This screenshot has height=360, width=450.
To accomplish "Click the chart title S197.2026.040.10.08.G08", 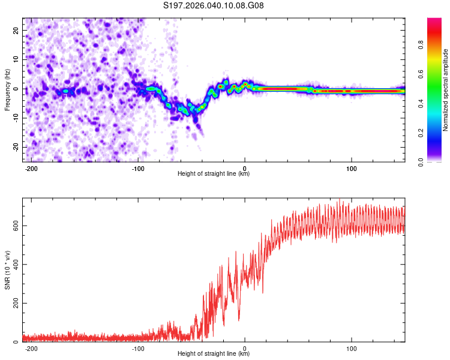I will click(x=214, y=6).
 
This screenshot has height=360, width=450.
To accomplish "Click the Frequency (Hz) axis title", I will click(x=7, y=89).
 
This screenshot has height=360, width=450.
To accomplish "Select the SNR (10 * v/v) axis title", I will click(x=7, y=270).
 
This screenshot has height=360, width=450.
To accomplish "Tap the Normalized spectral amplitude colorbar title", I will click(x=446, y=89).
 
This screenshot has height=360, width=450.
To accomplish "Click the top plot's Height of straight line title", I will click(x=214, y=173).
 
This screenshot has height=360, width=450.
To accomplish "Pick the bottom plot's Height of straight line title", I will click(x=214, y=353).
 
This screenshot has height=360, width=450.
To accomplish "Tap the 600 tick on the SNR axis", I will click(x=14, y=226).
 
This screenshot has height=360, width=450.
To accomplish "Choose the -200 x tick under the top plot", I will click(x=31, y=167).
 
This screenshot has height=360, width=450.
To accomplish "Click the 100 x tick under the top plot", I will click(x=351, y=167).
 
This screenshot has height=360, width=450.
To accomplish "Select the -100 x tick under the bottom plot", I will click(x=138, y=347).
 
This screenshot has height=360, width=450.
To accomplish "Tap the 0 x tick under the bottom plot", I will click(x=245, y=347).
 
